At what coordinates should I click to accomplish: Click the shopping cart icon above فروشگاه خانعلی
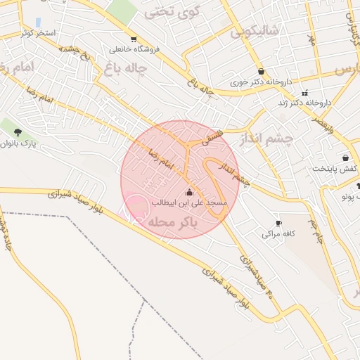(134, 39)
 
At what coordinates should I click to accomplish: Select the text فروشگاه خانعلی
(134, 50)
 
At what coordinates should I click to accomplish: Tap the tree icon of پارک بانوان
(18, 131)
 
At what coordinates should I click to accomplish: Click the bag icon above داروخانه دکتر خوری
(261, 71)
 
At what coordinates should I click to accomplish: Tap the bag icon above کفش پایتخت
(345, 157)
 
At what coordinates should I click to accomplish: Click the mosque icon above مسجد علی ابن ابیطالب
(188, 193)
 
